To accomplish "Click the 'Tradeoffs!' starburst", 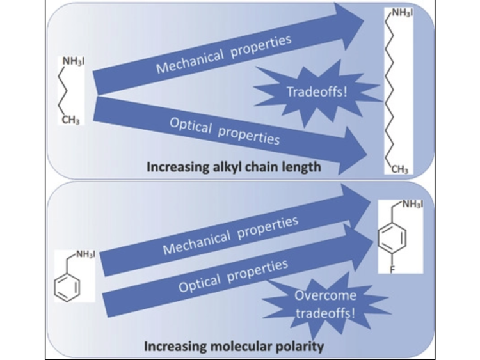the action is tap(317, 92).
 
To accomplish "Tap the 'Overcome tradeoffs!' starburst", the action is tap(325, 304).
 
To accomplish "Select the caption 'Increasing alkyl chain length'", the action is tap(234, 168).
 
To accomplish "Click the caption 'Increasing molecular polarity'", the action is tap(234, 347).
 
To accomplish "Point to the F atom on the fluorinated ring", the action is tap(392, 269).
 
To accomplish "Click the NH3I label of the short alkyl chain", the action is tap(74, 61).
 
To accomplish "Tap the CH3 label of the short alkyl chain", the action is tap(71, 120).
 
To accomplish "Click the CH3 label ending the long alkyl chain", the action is tap(399, 169).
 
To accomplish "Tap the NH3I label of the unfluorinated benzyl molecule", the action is tap(85, 254).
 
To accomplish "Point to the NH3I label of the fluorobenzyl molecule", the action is tap(412, 204).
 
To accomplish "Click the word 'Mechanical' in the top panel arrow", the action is tap(190, 62).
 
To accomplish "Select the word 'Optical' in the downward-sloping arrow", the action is tap(191, 126).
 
